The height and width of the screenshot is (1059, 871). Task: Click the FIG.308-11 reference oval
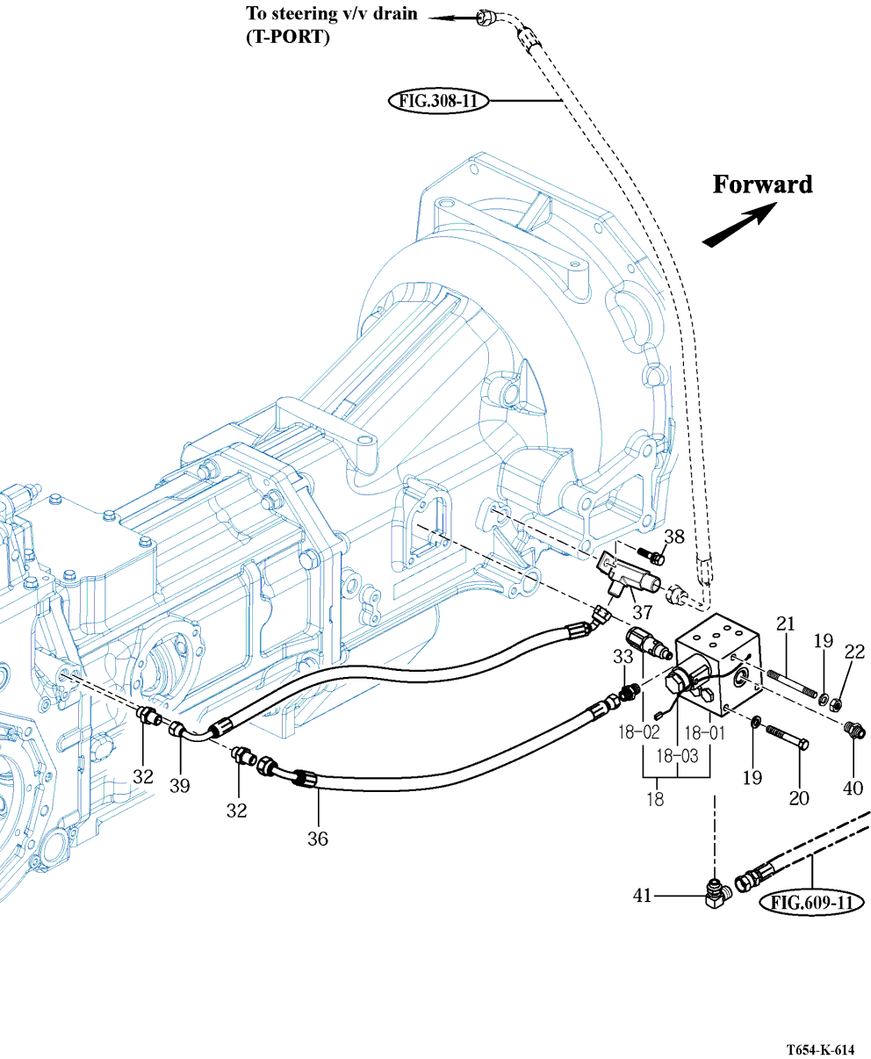(438, 101)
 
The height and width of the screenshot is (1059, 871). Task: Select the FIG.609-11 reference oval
(812, 902)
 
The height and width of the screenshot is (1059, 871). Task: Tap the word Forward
(762, 184)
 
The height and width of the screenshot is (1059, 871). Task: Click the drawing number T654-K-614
(820, 1050)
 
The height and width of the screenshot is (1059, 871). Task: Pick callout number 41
(643, 896)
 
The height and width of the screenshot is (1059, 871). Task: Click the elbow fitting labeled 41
(717, 894)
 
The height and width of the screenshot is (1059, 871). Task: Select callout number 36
(318, 839)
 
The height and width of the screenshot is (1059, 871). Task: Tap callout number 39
(180, 786)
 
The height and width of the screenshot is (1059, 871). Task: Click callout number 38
(674, 537)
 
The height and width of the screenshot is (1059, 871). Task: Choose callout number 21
(785, 624)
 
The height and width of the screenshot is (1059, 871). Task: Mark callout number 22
(854, 652)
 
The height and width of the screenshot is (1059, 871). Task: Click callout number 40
(853, 788)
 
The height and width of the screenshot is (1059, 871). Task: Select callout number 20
(798, 797)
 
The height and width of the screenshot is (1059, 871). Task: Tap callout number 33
(623, 656)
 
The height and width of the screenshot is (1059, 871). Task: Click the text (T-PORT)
(288, 38)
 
